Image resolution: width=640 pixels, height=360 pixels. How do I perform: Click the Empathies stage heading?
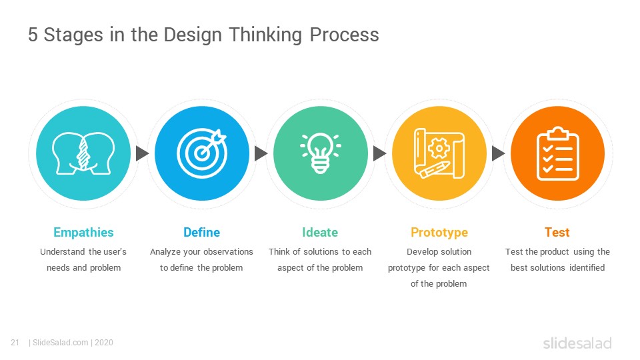[84, 232]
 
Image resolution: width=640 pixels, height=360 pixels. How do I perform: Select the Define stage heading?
[201, 232]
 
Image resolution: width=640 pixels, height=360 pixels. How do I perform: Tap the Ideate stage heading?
[320, 232]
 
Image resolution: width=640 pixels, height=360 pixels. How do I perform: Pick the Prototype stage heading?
[439, 232]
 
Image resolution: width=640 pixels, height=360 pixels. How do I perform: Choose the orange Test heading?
[557, 232]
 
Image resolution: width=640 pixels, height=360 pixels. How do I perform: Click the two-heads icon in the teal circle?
[83, 153]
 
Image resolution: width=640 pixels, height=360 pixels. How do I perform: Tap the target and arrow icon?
[201, 153]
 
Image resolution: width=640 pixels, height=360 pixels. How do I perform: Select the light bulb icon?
[321, 153]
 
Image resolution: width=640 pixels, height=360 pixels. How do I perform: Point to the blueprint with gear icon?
[439, 153]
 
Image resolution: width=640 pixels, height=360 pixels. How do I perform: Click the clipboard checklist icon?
[557, 153]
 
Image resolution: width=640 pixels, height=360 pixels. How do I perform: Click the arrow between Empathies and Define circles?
[142, 153]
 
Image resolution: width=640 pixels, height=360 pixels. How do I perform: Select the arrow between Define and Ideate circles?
[261, 153]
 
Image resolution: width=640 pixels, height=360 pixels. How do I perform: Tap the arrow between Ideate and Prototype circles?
[379, 153]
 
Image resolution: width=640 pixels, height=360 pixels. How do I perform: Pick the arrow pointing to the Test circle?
[498, 153]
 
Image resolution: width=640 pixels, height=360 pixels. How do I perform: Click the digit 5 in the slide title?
[33, 35]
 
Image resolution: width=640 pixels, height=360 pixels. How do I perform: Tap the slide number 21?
[15, 343]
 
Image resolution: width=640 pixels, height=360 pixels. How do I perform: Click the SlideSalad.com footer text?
[61, 343]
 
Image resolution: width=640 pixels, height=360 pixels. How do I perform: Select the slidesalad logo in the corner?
[577, 343]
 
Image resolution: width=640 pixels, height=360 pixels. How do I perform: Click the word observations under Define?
[228, 252]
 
